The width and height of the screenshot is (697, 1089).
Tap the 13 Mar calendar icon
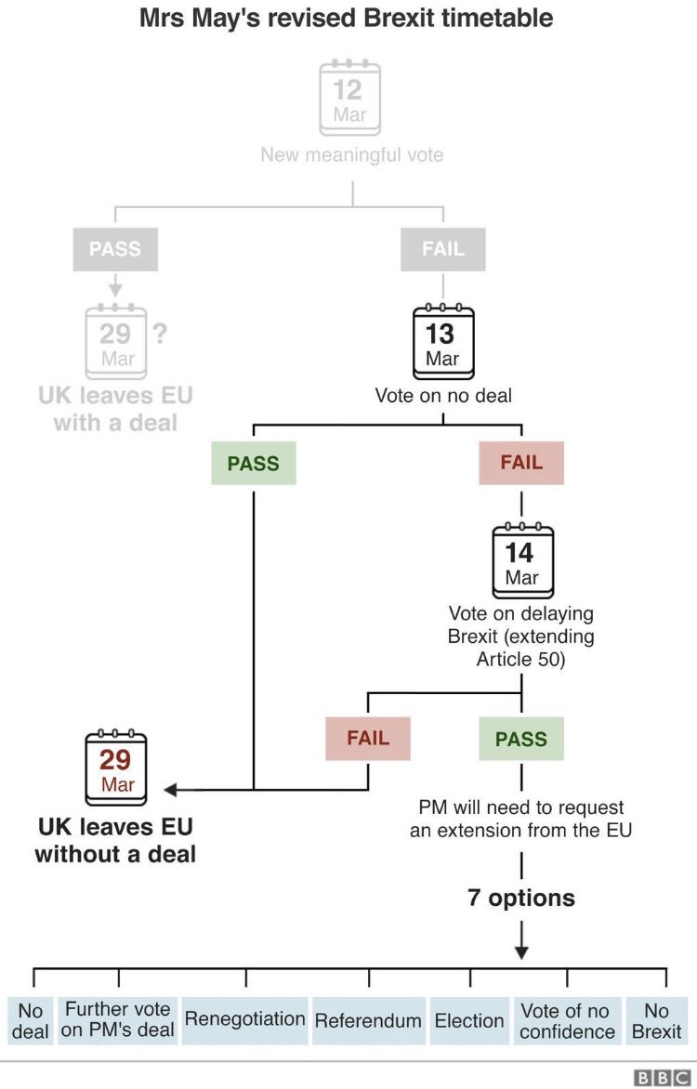442,342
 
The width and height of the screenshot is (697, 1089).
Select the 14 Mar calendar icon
521,561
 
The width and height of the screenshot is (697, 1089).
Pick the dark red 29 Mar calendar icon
116,768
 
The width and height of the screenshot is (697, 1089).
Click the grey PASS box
115,249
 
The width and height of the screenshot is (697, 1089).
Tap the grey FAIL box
442,249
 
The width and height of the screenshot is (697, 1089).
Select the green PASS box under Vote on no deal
254,464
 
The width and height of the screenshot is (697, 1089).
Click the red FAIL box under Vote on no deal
521,463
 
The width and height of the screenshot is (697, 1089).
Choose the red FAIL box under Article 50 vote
368,739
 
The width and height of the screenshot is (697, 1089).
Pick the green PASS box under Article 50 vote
521,740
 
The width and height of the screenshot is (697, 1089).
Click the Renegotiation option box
245,1019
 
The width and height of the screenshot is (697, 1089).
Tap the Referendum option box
368,1020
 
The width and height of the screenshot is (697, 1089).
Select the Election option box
469,1020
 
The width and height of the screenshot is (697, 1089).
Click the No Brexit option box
656,1020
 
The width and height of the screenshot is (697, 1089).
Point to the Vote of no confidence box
567,1020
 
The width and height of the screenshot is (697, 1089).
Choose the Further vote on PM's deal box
117,1020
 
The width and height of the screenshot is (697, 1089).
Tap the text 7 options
521,899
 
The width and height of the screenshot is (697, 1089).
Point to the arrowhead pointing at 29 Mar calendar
170,790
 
